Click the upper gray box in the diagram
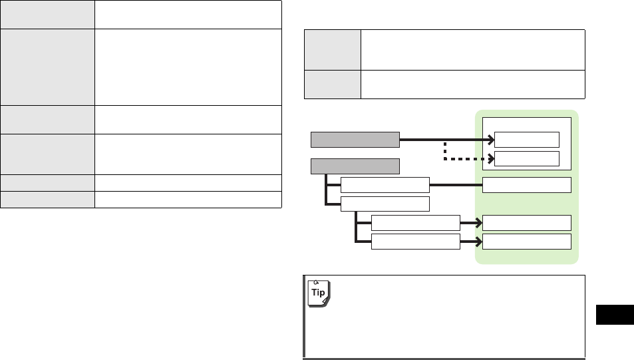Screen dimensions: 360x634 pos(356,139)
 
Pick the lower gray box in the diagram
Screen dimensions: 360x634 pos(356,165)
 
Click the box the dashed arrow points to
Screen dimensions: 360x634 pos(526,158)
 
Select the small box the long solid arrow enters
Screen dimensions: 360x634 pos(526,139)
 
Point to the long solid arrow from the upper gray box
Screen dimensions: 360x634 pos(446,139)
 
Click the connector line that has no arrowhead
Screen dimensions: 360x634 pos(456,184)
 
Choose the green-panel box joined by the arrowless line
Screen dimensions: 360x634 pos(526,184)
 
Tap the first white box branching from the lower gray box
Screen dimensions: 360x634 pos(385,184)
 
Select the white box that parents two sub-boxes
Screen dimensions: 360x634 pos(385,204)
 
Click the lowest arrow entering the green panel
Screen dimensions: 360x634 pos(471,241)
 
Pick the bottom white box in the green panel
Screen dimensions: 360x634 pos(526,241)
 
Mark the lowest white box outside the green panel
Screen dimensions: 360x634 pos(415,241)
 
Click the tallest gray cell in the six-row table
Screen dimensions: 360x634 pos(47,66)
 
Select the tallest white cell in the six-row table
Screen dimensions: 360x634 pos(188,66)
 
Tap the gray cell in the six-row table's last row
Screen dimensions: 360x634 pos(47,199)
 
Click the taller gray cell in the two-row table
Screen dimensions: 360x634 pos(333,49)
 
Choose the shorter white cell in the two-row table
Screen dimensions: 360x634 pos(472,84)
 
